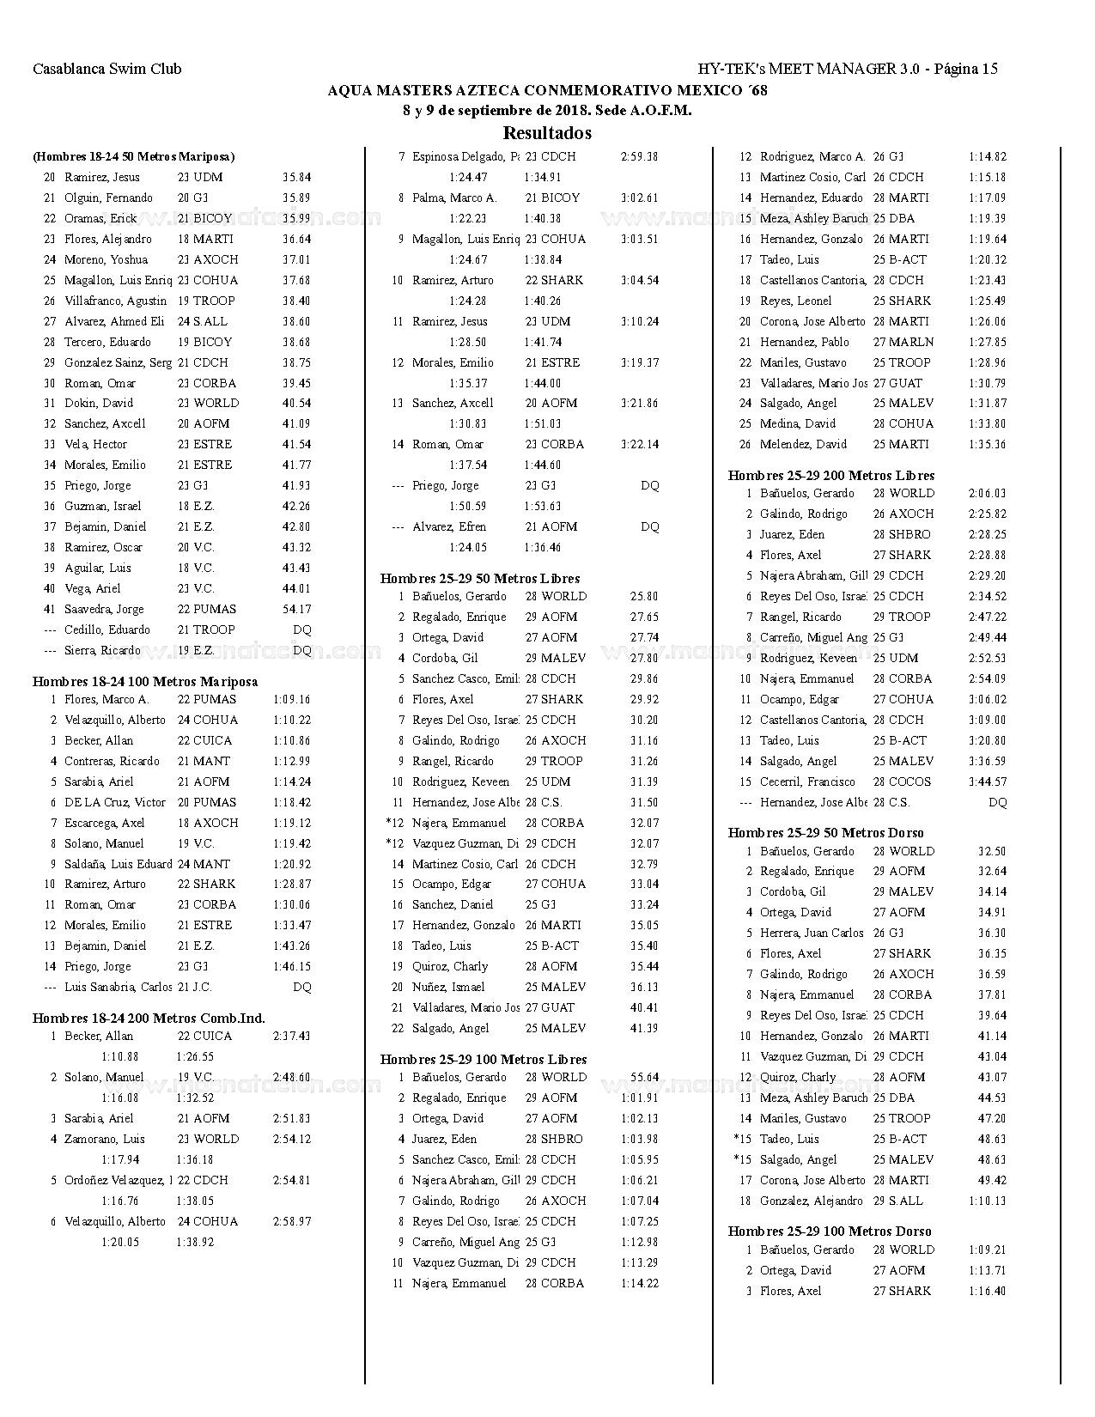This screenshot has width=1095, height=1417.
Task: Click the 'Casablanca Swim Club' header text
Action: (x=107, y=69)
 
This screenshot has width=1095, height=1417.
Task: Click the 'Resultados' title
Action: (x=547, y=133)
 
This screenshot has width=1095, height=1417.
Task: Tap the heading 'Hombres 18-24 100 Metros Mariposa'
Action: (x=145, y=681)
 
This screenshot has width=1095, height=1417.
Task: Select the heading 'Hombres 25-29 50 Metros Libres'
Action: (x=480, y=578)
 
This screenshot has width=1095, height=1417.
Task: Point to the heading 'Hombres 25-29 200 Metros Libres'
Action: (x=831, y=475)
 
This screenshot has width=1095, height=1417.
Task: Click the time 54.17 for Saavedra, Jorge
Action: (x=296, y=609)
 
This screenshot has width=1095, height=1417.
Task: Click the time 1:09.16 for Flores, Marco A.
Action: (x=292, y=699)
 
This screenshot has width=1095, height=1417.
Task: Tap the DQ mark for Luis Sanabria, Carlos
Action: (x=302, y=987)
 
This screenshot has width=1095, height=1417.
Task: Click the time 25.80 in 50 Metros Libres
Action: (x=644, y=596)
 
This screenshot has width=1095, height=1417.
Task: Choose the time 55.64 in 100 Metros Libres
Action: (x=644, y=1077)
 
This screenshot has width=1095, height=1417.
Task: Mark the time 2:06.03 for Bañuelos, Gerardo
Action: (x=987, y=493)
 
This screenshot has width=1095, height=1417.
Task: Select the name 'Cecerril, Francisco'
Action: (x=807, y=781)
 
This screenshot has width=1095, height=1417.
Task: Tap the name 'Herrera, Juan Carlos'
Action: (x=812, y=933)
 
